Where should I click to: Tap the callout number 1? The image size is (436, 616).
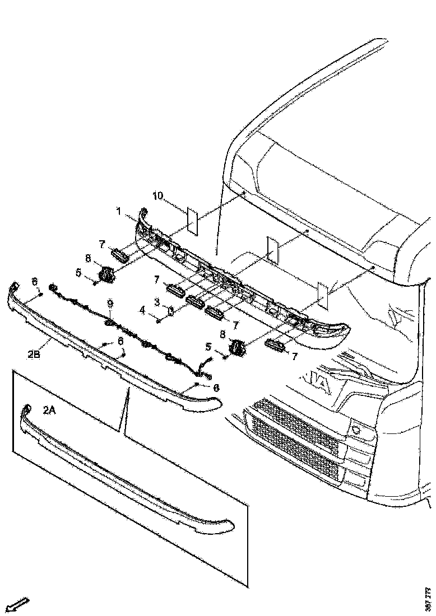[119, 211]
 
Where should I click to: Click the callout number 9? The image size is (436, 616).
[110, 304]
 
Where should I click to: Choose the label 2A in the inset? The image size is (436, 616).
[49, 410]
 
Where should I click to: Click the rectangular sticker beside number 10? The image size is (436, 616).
[192, 221]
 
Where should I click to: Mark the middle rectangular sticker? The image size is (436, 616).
[272, 249]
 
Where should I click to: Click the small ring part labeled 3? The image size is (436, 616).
[170, 310]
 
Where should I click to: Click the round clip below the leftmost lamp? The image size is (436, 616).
[106, 273]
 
